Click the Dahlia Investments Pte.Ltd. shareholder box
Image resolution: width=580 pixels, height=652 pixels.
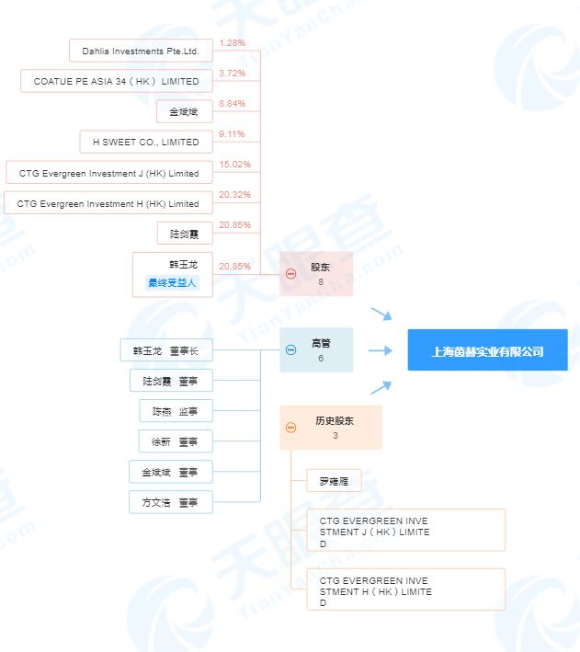141,51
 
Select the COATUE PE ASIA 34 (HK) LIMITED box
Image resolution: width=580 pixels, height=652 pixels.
117,81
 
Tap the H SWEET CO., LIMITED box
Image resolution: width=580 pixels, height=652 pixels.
146,142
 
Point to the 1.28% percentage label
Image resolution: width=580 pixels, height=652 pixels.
232,43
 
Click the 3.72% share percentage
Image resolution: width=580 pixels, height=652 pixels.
232,74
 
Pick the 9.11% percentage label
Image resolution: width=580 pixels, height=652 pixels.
232,134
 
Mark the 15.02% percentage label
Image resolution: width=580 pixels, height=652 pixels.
235,165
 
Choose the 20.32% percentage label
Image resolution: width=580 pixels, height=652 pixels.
235,195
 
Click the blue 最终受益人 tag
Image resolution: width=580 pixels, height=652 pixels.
172,282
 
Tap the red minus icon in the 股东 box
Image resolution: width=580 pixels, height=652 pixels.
291,274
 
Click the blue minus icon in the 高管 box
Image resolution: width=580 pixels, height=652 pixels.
291,349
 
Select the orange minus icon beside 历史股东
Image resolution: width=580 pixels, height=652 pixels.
291,428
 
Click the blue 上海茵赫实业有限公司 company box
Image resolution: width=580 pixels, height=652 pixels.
488,349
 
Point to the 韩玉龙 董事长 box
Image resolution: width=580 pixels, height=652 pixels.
166,350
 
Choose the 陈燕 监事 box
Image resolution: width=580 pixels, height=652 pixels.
176,411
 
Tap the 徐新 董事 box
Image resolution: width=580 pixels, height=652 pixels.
176,441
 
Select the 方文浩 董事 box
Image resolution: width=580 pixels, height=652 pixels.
171,502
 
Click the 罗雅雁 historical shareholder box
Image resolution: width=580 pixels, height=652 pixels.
334,481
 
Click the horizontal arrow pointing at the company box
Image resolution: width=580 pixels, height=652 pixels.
380,350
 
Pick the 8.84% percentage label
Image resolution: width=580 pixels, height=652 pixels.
232,104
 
